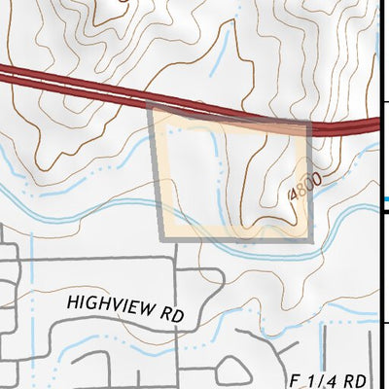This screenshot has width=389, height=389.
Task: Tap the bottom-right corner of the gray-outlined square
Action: [x=311, y=238]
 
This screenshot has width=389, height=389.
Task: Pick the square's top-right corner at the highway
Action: [x=309, y=124]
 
